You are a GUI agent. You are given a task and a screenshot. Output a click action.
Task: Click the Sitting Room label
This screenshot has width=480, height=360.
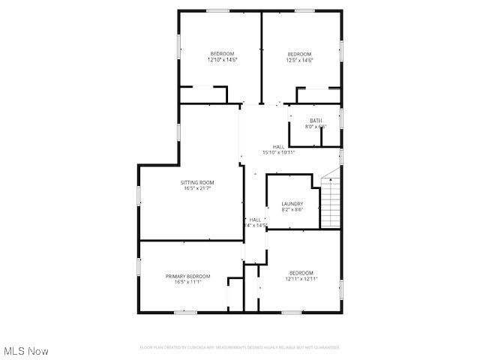(x=198, y=182)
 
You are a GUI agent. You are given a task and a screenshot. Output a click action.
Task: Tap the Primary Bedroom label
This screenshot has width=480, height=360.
(x=187, y=276)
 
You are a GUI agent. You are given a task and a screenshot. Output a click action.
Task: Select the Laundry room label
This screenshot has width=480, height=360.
(x=292, y=204)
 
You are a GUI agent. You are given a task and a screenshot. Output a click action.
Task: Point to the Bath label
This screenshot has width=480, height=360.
(x=316, y=121)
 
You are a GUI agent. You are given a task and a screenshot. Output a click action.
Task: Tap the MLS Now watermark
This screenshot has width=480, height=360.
(x=26, y=350)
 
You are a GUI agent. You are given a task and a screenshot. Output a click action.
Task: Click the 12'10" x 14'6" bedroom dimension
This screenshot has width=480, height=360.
(x=222, y=60)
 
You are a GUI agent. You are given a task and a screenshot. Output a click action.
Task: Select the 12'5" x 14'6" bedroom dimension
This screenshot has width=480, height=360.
(x=299, y=60)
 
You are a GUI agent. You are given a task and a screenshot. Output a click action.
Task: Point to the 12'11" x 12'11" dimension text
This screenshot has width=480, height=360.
(x=301, y=279)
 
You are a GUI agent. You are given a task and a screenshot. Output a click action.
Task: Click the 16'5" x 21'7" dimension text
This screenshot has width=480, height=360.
(x=198, y=188)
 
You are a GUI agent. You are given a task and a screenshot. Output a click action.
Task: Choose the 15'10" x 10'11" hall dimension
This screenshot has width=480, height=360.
(x=278, y=152)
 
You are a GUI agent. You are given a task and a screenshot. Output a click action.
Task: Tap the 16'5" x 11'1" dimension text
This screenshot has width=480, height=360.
(x=187, y=282)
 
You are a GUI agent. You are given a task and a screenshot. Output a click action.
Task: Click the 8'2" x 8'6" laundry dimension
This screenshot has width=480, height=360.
(x=292, y=210)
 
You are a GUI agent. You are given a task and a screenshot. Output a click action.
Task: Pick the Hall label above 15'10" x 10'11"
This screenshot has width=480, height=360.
(x=278, y=146)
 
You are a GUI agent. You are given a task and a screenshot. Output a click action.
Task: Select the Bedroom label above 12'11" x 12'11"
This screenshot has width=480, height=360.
(x=301, y=272)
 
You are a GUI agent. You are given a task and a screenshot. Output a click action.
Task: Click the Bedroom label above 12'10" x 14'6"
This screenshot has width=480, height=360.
(x=222, y=53)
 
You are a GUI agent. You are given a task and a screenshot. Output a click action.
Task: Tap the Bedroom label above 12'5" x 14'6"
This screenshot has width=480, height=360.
(x=299, y=53)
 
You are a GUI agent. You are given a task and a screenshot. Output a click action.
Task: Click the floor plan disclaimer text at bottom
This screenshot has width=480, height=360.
(x=240, y=347)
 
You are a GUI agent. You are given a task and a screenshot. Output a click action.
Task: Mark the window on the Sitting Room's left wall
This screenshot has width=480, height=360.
(x=139, y=196)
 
